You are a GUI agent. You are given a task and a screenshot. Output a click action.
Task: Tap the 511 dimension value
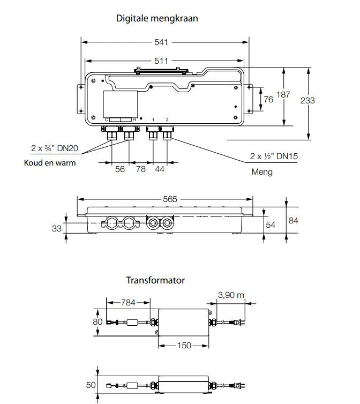point(161,61)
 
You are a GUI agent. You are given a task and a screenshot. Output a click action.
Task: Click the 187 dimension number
point(283,95)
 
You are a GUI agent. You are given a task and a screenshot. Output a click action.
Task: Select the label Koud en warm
point(50,162)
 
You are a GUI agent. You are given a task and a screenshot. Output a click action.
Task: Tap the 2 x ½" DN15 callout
point(274,156)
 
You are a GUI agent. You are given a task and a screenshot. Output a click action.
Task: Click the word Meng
point(262,172)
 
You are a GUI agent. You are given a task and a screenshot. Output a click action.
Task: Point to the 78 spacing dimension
point(140,169)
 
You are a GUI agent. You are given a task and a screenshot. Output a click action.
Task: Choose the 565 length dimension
point(170,199)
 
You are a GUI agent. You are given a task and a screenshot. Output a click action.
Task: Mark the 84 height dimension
point(294,220)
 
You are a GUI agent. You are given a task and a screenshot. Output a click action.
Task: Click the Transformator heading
point(155,280)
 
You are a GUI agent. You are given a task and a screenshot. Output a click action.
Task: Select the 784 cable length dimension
point(129,302)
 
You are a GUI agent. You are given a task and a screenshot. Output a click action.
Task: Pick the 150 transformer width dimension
point(184,346)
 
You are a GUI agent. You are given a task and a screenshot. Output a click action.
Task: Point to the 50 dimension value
point(91,385)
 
